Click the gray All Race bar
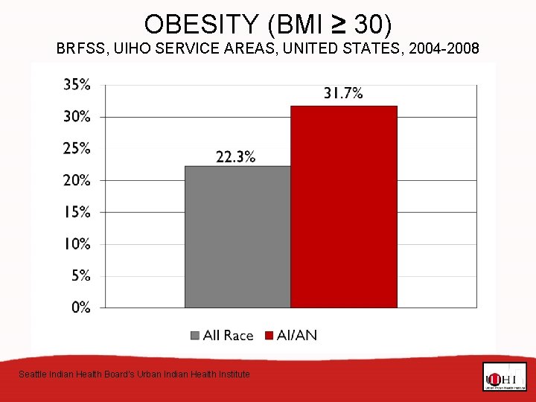click(237, 236)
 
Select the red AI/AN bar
click(343, 206)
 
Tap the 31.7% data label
click(343, 93)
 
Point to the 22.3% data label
click(236, 156)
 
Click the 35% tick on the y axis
click(77, 85)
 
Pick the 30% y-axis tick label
click(77, 117)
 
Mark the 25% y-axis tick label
click(77, 148)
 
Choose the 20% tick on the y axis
click(77, 180)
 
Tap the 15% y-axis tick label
click(77, 212)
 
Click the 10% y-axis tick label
click(77, 244)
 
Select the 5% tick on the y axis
click(80, 275)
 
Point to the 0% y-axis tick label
click(80, 307)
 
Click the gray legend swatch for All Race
click(196, 336)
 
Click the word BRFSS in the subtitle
click(80, 50)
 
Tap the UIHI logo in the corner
click(504, 377)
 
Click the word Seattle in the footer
click(32, 374)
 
